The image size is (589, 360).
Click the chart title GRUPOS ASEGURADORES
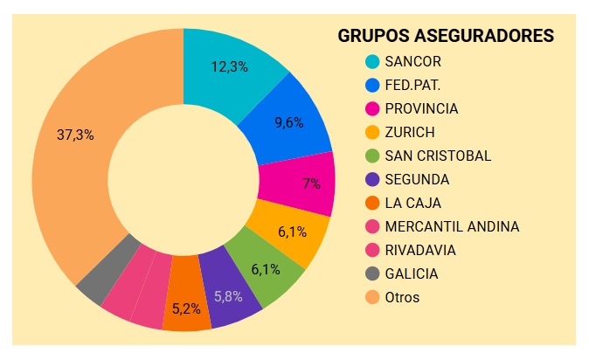pos(446,36)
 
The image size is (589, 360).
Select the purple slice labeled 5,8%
pos(229,296)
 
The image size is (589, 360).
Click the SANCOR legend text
pos(412,61)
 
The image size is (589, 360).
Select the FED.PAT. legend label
pos(412,85)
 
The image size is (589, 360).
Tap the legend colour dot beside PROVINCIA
pos(372,108)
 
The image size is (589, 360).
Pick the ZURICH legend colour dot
pos(372,132)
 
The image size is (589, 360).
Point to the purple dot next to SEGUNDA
pos(372,179)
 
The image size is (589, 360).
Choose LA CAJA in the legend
pos(412,203)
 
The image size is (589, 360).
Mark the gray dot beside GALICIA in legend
pos(372,273)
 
